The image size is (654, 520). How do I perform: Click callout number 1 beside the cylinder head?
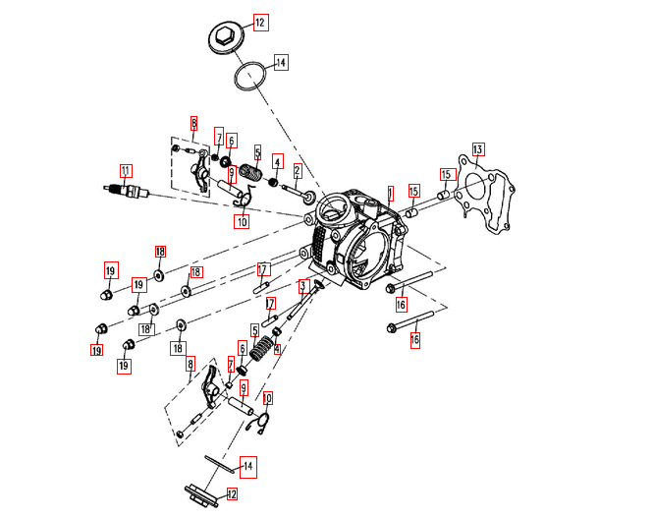click(389, 193)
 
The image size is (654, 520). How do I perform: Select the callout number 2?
click(297, 171)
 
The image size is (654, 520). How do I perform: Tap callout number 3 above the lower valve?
click(303, 286)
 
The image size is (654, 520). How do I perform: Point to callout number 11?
click(126, 169)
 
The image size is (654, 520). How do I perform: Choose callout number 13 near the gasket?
click(477, 149)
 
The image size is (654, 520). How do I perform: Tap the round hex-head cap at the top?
click(226, 38)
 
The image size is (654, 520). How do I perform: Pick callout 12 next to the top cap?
click(260, 22)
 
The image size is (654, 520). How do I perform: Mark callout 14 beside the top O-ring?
click(281, 63)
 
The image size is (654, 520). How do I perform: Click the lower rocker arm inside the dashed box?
click(213, 391)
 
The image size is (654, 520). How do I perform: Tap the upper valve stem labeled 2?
click(294, 191)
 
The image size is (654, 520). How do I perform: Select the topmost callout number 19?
click(110, 270)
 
